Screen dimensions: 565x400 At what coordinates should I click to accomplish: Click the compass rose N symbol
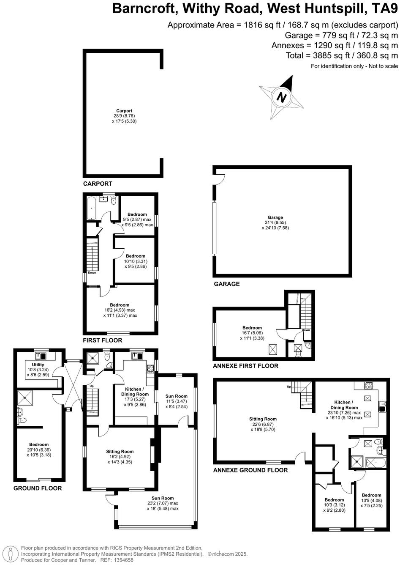point(281,97)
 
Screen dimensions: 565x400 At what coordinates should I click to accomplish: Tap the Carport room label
point(124,111)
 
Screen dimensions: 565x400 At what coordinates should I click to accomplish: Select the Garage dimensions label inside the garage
point(275,223)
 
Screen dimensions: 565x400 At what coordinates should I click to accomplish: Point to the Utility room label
point(38,365)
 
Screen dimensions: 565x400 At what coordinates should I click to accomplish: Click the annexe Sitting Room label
point(263,419)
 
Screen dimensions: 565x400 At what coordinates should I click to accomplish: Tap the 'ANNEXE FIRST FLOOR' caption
point(245,366)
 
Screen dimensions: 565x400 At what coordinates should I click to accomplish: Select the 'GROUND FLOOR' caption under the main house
point(38,488)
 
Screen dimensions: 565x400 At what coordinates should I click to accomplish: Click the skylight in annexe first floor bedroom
point(273,350)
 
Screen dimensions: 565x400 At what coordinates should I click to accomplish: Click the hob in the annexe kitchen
point(368,385)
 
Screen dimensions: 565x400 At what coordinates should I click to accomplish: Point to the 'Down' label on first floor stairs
point(92,273)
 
